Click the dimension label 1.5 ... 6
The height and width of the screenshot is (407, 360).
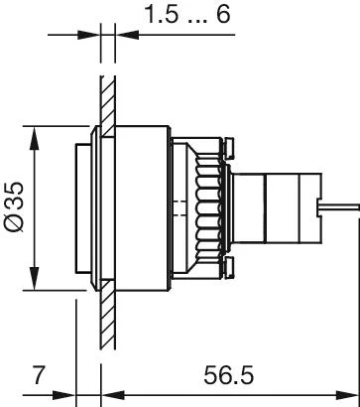click(x=187, y=14)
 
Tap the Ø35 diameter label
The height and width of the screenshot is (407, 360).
click(x=14, y=206)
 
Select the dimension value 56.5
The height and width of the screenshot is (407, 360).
click(x=228, y=375)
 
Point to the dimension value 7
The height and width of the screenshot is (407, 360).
click(x=39, y=375)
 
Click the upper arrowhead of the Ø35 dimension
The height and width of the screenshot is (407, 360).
click(x=35, y=138)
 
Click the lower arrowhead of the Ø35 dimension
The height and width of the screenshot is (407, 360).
click(x=35, y=278)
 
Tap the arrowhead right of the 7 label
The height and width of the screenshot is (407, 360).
click(x=64, y=395)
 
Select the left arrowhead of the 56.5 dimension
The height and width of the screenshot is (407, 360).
click(x=112, y=395)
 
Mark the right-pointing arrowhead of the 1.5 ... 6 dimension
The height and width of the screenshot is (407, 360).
click(x=88, y=35)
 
